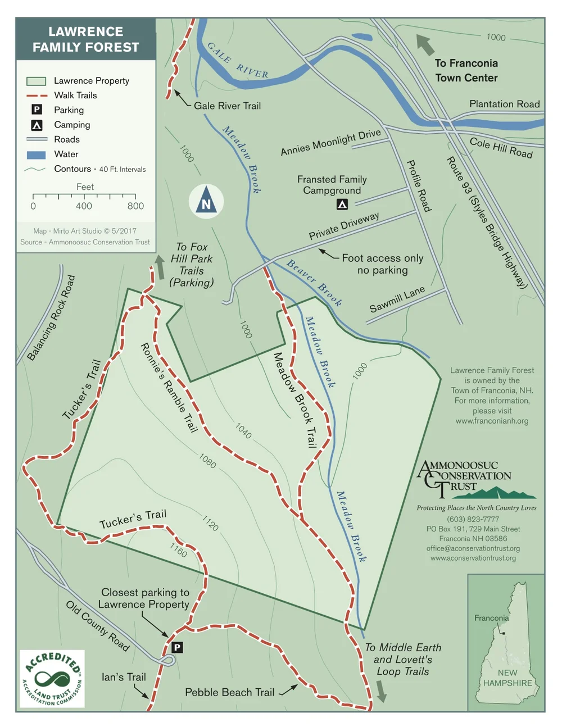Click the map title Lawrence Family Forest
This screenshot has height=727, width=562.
click(85, 39)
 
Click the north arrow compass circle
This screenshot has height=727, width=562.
click(206, 201)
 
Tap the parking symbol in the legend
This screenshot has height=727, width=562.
click(37, 110)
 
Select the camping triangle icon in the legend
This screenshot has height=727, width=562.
click(37, 125)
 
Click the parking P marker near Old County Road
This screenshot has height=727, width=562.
click(177, 647)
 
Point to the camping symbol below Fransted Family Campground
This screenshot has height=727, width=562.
click(342, 205)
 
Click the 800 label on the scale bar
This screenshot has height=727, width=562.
click(135, 206)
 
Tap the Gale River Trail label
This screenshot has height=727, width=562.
click(227, 106)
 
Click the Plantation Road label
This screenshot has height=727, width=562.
click(504, 104)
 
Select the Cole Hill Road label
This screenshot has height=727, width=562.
click(501, 148)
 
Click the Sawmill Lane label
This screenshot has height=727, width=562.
click(397, 299)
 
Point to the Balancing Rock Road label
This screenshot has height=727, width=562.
click(51, 318)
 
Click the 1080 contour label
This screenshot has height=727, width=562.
click(207, 461)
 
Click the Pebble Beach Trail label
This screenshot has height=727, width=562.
click(229, 693)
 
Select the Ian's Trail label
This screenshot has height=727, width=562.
click(124, 677)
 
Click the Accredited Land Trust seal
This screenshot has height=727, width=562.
click(52, 679)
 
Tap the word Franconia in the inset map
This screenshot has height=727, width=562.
click(491, 618)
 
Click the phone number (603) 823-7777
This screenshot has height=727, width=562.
click(473, 519)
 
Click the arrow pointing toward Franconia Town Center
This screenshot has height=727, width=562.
click(425, 44)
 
